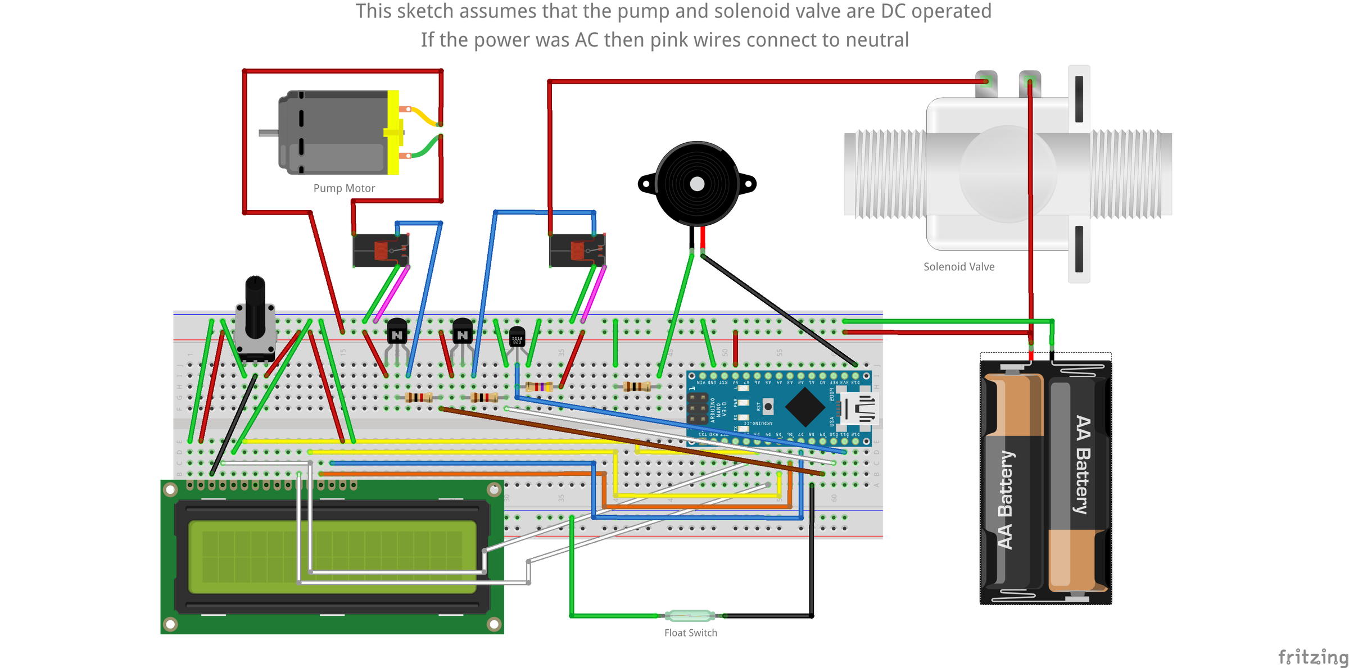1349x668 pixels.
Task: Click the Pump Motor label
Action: [x=344, y=188]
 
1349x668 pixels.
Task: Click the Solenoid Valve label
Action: [x=959, y=267]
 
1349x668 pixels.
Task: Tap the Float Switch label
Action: [x=690, y=633]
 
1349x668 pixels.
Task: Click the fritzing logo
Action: [x=1312, y=656]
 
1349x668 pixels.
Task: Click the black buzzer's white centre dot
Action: [x=697, y=184]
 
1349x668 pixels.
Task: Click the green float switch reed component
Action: [x=690, y=616]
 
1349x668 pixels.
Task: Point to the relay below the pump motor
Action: [x=381, y=251]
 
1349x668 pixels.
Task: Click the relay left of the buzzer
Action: [x=577, y=251]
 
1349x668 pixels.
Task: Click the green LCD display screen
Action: [x=332, y=557]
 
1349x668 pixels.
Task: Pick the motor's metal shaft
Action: [x=269, y=133]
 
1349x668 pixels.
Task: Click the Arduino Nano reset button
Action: [x=768, y=406]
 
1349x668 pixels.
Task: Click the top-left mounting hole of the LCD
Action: [x=170, y=490]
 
